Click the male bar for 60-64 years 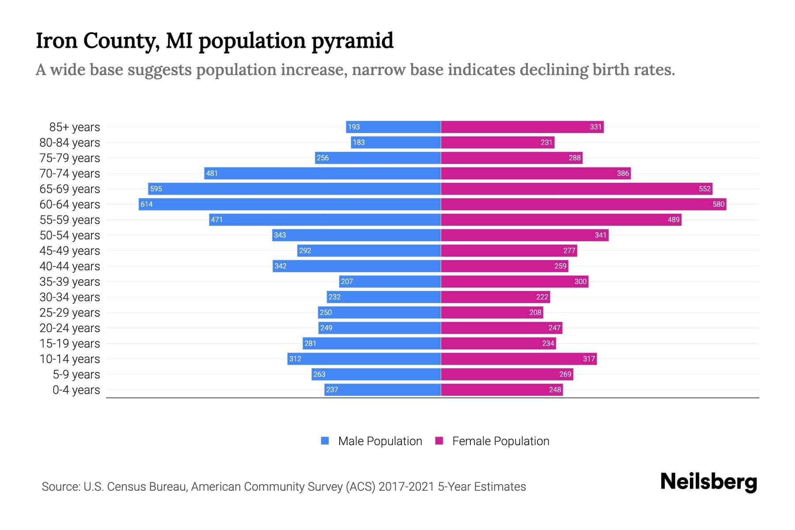pyautogui.click(x=290, y=204)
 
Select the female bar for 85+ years pyautogui.click(x=522, y=127)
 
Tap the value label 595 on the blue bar pyautogui.click(x=156, y=189)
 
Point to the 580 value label pyautogui.click(x=718, y=204)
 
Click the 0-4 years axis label pyautogui.click(x=76, y=390)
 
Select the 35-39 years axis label pyautogui.click(x=70, y=282)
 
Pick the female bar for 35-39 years pyautogui.click(x=515, y=281)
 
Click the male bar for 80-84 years pyautogui.click(x=396, y=142)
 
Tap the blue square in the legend pyautogui.click(x=325, y=441)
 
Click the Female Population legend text pyautogui.click(x=500, y=441)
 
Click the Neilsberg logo pyautogui.click(x=708, y=482)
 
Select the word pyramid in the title pyautogui.click(x=352, y=41)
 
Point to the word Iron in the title pyautogui.click(x=57, y=41)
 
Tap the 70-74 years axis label pyautogui.click(x=70, y=174)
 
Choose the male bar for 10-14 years pyautogui.click(x=364, y=359)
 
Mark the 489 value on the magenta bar pyautogui.click(x=673, y=220)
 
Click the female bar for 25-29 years pyautogui.click(x=492, y=312)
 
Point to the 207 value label pyautogui.click(x=347, y=281)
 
